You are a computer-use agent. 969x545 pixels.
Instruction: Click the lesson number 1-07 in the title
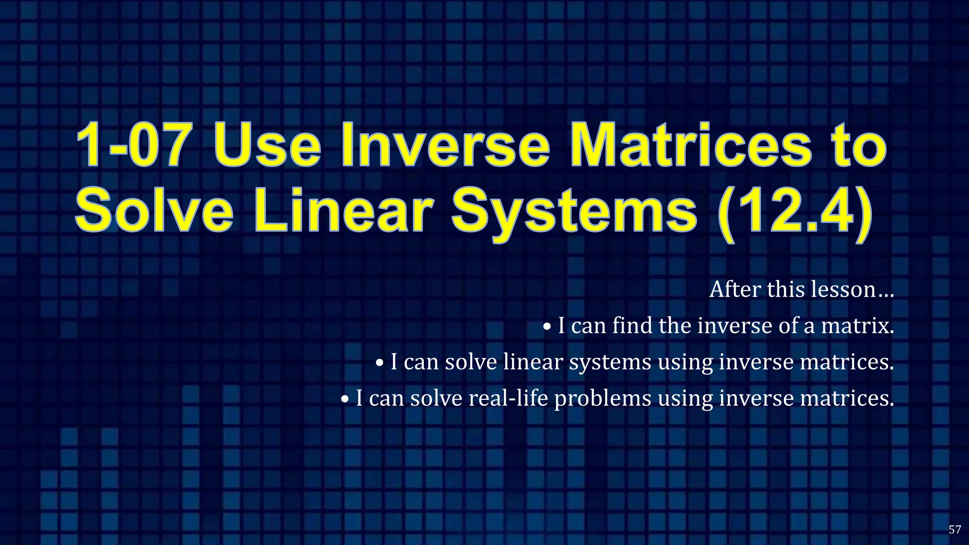pos(132,145)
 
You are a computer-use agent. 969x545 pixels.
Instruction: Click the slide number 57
pos(955,529)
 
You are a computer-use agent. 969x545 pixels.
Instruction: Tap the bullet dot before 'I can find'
pos(547,326)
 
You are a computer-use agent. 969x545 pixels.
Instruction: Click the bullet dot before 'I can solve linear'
pos(380,363)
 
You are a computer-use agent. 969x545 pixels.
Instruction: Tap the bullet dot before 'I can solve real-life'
pos(345,399)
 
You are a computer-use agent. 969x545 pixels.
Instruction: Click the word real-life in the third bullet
pos(508,398)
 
